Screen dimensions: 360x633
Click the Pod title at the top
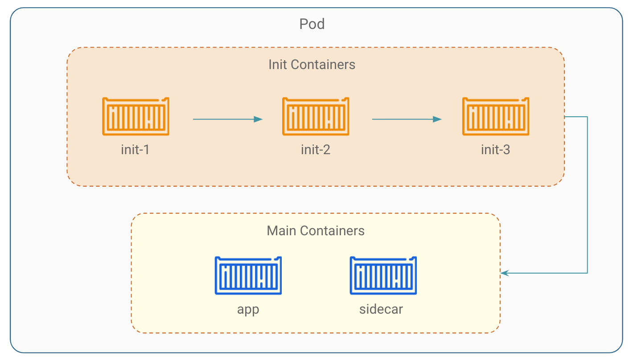pyautogui.click(x=312, y=24)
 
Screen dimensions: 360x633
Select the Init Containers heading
pyautogui.click(x=312, y=65)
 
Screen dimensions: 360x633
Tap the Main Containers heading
pyautogui.click(x=316, y=231)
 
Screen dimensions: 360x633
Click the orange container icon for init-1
pyautogui.click(x=136, y=116)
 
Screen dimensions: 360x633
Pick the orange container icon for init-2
pyautogui.click(x=316, y=116)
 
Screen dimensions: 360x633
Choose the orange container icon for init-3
pyautogui.click(x=496, y=116)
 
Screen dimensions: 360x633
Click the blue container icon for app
pyautogui.click(x=248, y=275)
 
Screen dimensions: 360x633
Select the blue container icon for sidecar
pyautogui.click(x=383, y=275)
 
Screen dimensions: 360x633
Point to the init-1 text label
pyautogui.click(x=135, y=150)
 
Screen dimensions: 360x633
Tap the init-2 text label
pyautogui.click(x=316, y=150)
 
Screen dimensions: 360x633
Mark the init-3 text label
pyautogui.click(x=495, y=150)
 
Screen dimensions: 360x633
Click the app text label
pyautogui.click(x=248, y=309)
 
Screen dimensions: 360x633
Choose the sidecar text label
pyautogui.click(x=381, y=309)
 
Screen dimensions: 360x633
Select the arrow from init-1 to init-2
pyautogui.click(x=227, y=119)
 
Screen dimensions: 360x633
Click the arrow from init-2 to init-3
pyautogui.click(x=407, y=119)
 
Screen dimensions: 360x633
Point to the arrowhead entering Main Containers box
pyautogui.click(x=505, y=273)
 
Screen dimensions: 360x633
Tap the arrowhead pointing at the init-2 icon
pyautogui.click(x=259, y=119)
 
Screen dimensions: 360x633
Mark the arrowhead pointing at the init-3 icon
pyautogui.click(x=438, y=119)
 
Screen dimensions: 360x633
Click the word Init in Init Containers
pyautogui.click(x=278, y=65)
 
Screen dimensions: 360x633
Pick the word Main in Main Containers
pyautogui.click(x=282, y=231)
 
